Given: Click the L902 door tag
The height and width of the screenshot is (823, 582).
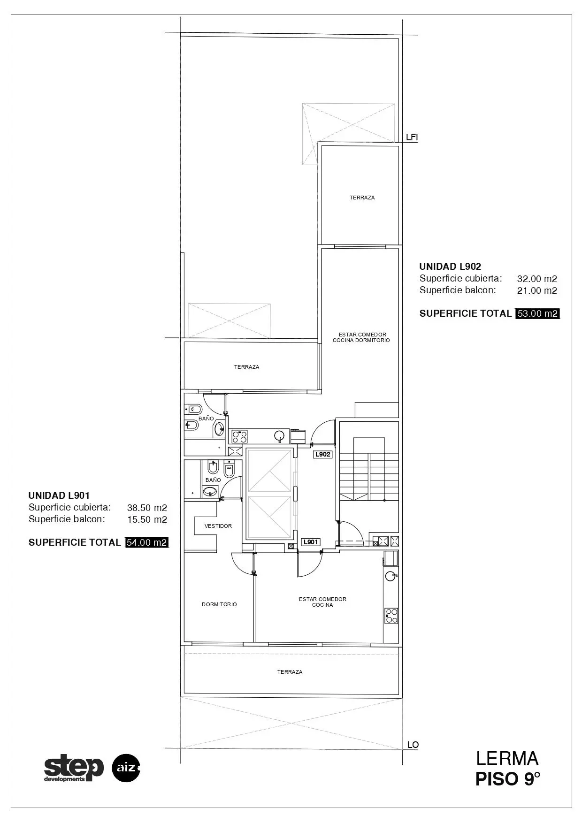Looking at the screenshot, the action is pyautogui.click(x=323, y=454).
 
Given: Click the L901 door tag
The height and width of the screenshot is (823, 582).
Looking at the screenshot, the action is pyautogui.click(x=311, y=542).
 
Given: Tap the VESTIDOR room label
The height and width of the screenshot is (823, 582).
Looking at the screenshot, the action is pyautogui.click(x=218, y=526).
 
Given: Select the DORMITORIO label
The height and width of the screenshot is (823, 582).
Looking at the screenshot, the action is pyautogui.click(x=219, y=604).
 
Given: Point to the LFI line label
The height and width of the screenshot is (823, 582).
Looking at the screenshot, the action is pyautogui.click(x=412, y=137).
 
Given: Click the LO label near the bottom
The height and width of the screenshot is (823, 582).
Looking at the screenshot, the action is pyautogui.click(x=413, y=745).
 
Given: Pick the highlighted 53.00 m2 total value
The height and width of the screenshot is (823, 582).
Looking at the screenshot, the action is pyautogui.click(x=538, y=313).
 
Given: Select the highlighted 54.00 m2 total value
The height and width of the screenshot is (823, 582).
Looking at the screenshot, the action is pyautogui.click(x=147, y=542).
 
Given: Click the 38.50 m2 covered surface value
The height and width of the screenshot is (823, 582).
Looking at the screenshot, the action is pyautogui.click(x=147, y=508).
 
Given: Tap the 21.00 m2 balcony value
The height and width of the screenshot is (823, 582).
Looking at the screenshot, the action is pyautogui.click(x=537, y=290).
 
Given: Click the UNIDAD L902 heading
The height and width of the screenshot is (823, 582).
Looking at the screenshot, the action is pyautogui.click(x=450, y=267).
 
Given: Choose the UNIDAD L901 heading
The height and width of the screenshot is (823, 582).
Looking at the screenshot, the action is pyautogui.click(x=59, y=495).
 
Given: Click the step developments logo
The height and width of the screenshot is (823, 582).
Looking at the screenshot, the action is pyautogui.click(x=74, y=768).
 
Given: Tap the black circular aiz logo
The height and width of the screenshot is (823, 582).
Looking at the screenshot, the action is pyautogui.click(x=126, y=768).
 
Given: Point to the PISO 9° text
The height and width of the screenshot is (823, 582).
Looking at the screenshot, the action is pyautogui.click(x=508, y=779).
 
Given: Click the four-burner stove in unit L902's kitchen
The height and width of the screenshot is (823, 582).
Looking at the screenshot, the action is pyautogui.click(x=240, y=437).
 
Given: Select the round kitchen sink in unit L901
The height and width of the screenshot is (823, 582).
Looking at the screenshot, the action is pyautogui.click(x=391, y=576).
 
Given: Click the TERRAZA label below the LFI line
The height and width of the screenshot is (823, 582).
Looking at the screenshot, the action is pyautogui.click(x=362, y=198).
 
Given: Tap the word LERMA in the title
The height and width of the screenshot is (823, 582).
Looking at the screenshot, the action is pyautogui.click(x=507, y=759).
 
